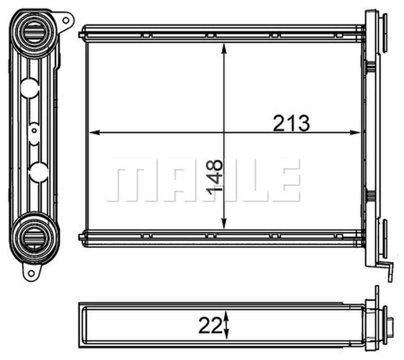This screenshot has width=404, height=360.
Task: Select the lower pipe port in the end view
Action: tap(34, 237)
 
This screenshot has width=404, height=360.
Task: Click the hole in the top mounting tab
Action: tap(66, 20)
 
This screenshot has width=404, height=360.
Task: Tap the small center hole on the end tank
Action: tap(34, 130)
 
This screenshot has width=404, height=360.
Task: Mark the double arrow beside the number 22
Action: tap(227, 325)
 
